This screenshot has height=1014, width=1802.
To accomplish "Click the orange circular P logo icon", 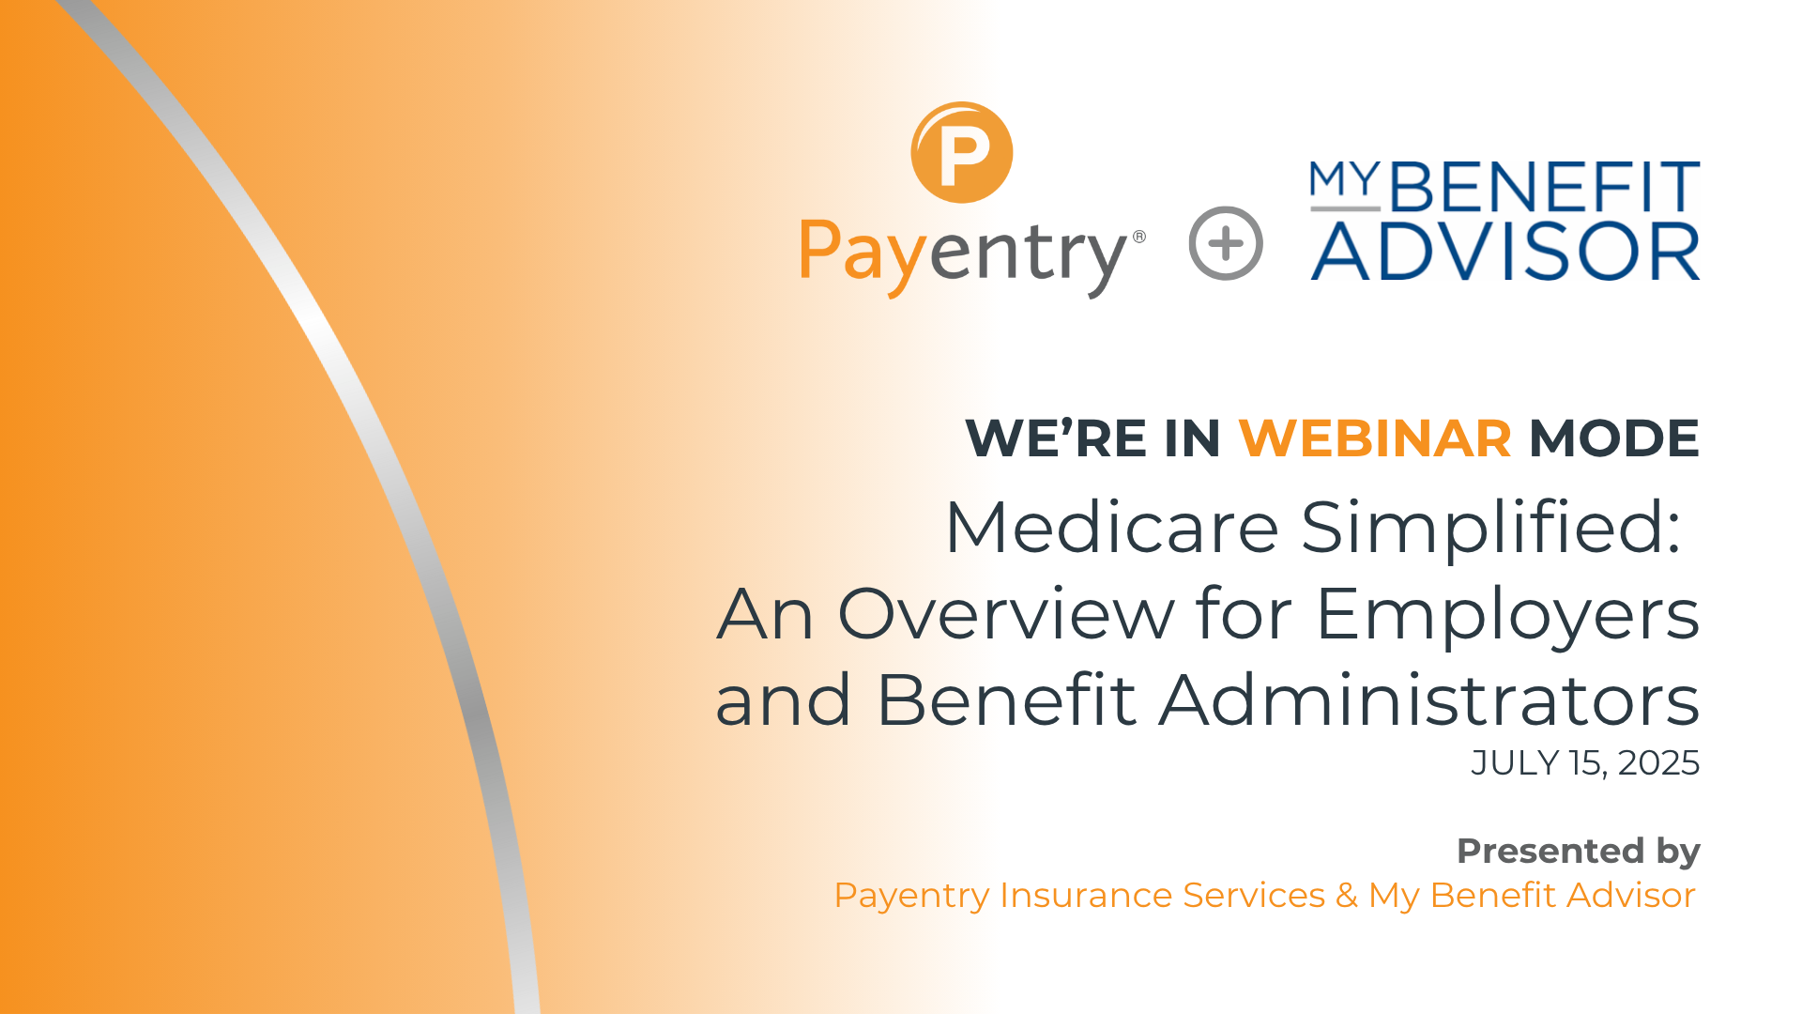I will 962,152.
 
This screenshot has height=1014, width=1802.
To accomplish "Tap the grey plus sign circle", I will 1226,243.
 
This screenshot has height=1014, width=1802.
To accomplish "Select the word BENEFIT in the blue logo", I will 1544,188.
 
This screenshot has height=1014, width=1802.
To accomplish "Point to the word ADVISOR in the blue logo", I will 1504,252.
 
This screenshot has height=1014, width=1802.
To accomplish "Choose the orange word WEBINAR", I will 1375,438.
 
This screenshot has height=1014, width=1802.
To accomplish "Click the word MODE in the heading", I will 1614,438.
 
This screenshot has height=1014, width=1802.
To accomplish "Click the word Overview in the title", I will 1005,614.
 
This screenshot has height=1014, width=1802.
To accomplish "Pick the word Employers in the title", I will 1507,616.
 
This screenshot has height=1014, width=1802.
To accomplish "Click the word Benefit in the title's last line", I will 1006,700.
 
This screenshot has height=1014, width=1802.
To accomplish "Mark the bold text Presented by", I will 1578,851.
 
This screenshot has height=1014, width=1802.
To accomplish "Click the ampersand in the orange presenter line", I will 1347,896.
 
